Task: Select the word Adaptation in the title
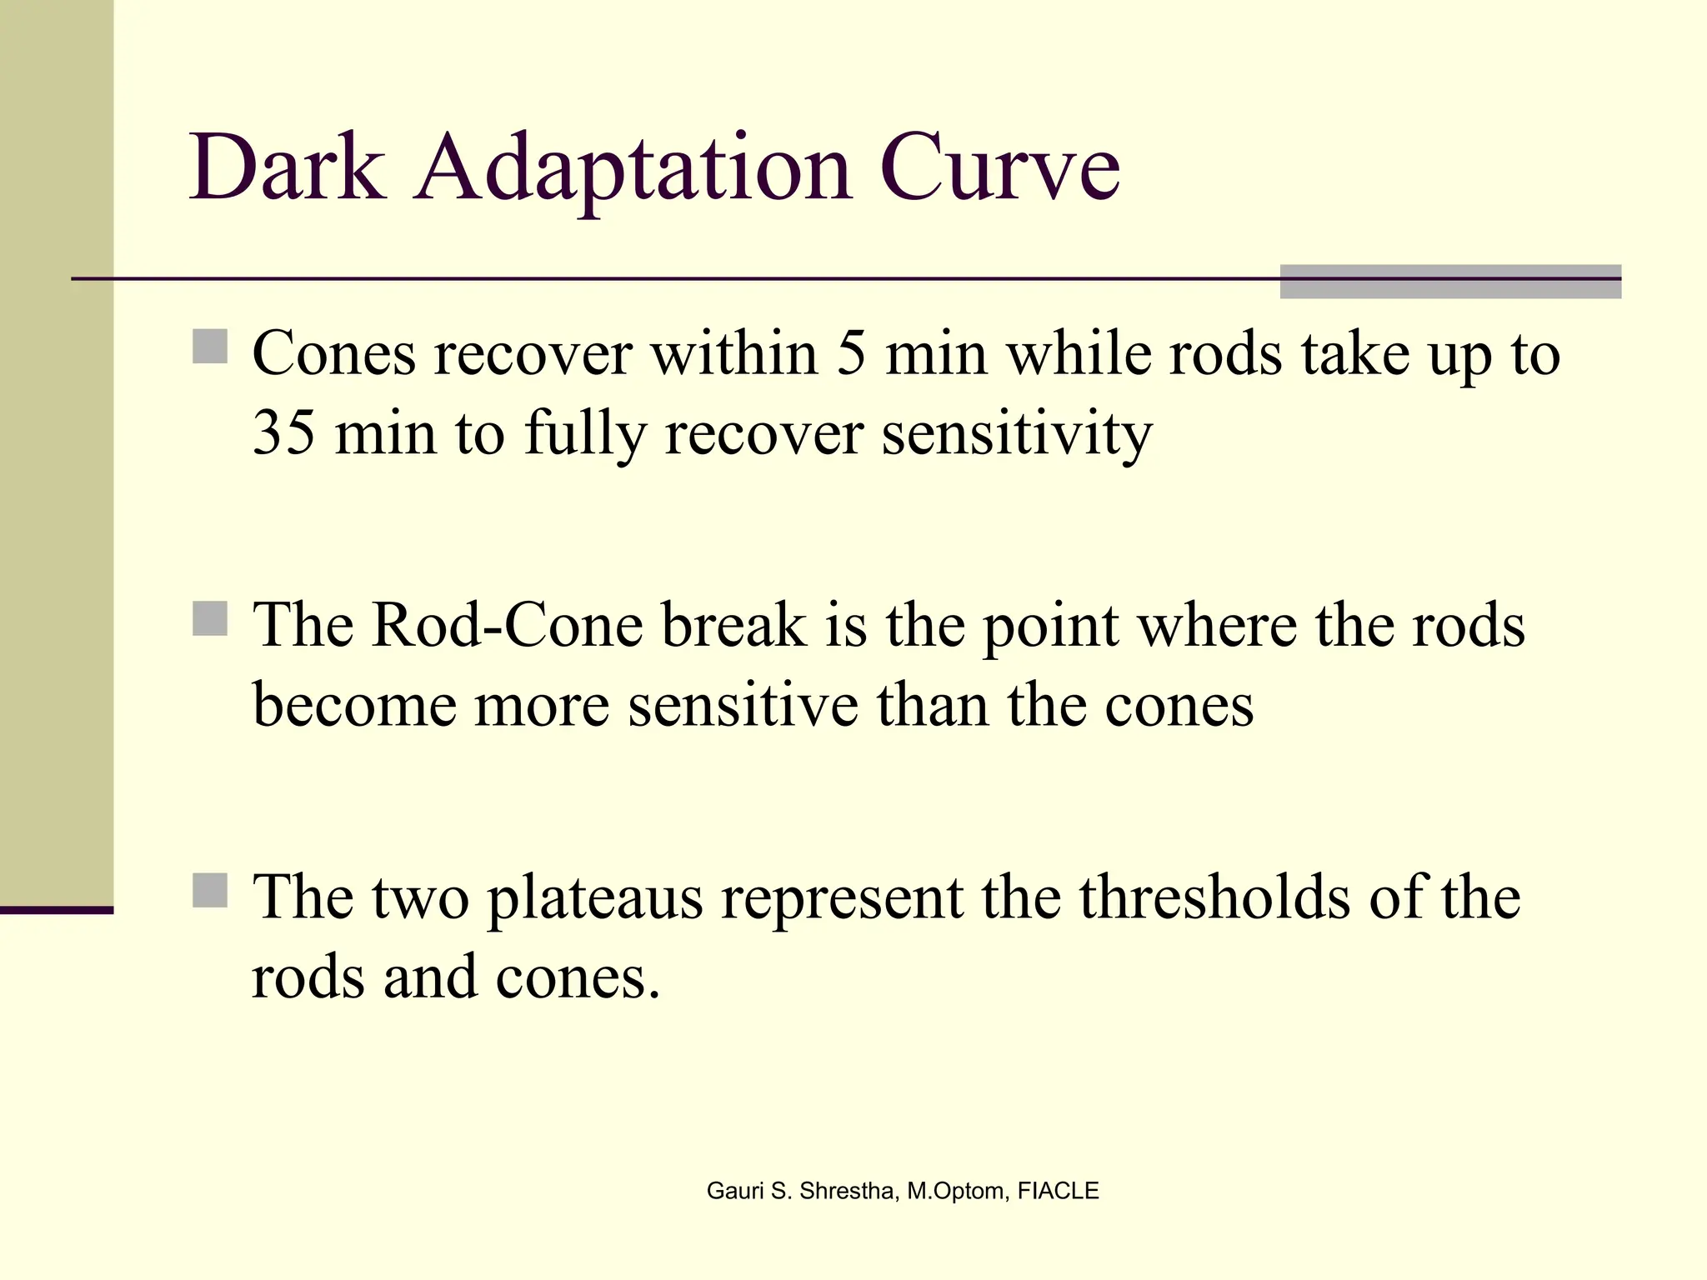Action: (633, 171)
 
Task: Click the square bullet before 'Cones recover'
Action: (210, 347)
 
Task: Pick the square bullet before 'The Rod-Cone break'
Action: (210, 619)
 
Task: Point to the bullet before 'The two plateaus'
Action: (210, 891)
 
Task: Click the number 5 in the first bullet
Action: (851, 354)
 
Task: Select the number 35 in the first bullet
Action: (283, 433)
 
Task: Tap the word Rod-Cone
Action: (507, 625)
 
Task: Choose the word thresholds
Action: (1214, 897)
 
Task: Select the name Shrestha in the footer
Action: (847, 1191)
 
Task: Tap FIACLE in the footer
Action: (1058, 1191)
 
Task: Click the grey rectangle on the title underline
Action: (1450, 282)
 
